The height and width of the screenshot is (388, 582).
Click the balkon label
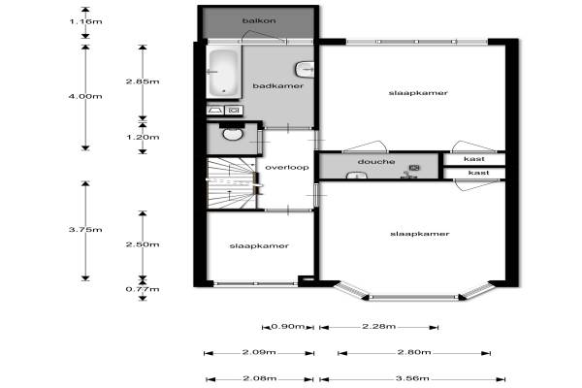259,20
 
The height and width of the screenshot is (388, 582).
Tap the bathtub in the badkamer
223,73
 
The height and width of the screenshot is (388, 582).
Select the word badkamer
278,86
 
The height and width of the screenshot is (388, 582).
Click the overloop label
287,168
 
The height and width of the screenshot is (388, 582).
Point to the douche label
376,162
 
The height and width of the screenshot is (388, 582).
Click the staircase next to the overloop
231,183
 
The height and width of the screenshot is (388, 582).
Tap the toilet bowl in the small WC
233,134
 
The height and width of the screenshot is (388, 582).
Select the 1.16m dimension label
85,21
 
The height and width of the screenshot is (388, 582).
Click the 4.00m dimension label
85,97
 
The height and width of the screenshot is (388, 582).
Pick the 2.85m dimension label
143,81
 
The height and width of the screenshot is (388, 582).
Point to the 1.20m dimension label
143,138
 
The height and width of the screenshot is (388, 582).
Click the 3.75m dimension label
85,230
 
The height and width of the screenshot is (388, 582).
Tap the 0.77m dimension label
143,289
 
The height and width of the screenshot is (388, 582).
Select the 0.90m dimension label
288,327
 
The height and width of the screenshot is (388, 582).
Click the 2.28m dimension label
378,327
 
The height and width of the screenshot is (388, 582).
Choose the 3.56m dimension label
412,378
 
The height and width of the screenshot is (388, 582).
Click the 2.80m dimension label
414,352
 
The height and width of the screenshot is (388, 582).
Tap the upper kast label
474,159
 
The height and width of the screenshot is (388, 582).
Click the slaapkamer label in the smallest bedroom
259,246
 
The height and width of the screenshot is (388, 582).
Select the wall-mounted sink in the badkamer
305,70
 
